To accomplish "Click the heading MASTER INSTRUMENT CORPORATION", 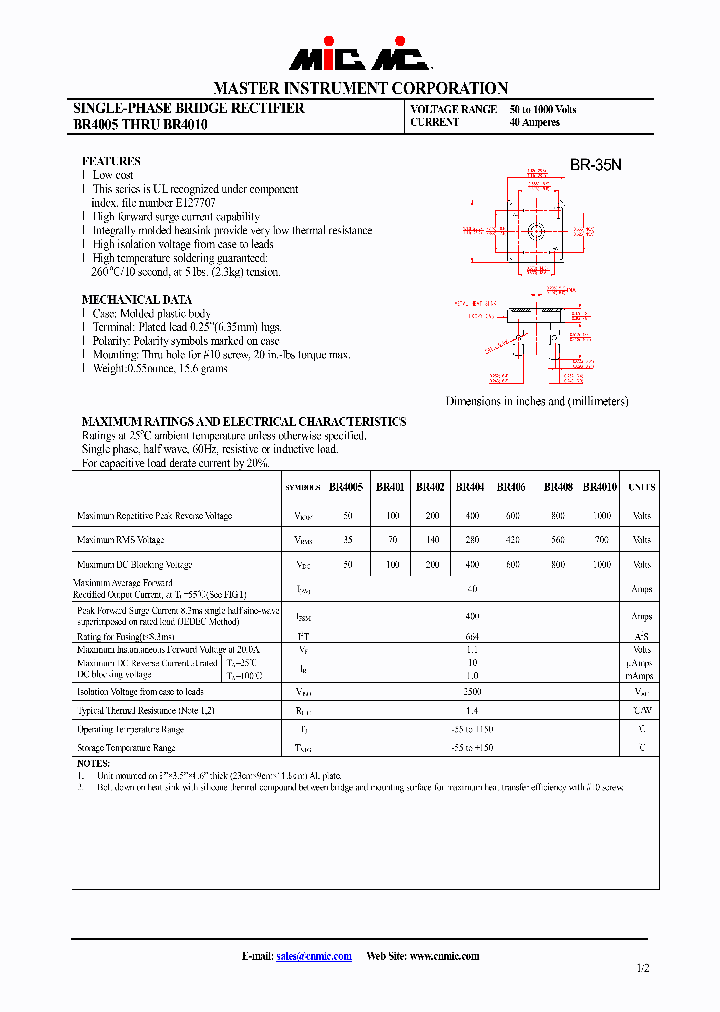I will [360, 88].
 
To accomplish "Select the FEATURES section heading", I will [111, 161].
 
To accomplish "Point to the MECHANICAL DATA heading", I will [136, 299].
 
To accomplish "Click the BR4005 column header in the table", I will [345, 487].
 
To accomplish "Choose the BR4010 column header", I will [600, 487].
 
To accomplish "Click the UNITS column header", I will [642, 487].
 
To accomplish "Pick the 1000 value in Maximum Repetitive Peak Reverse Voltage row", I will [601, 516].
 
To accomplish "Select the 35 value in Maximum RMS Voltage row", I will [348, 540].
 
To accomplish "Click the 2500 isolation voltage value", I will [473, 691].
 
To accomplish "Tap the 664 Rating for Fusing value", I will [473, 636].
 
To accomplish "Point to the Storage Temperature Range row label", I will [126, 747].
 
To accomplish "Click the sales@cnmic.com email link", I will [313, 956].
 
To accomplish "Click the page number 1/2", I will [641, 968].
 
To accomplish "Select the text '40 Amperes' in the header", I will [534, 122].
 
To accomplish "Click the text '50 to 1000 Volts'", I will [542, 109].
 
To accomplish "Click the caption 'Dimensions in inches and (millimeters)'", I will [537, 401].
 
